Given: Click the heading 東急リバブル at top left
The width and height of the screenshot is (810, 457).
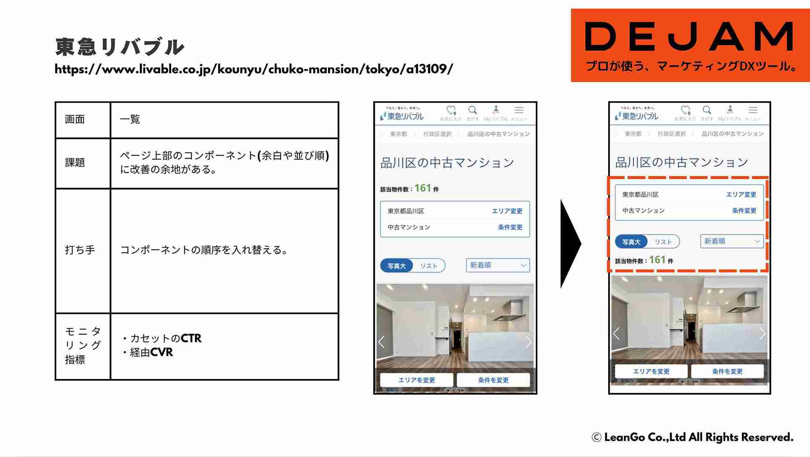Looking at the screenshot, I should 120,47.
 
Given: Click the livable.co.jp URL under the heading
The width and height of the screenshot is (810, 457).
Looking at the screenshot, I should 254,69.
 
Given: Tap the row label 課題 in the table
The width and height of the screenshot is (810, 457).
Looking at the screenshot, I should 75,163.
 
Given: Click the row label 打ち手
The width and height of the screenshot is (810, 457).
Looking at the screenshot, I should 80,250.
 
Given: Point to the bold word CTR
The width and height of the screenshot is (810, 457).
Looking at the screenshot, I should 191,338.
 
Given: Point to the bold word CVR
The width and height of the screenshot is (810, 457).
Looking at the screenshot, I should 161,352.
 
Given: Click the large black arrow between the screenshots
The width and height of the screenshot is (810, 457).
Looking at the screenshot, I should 570,244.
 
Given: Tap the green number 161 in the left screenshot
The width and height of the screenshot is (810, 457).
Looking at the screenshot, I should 423,188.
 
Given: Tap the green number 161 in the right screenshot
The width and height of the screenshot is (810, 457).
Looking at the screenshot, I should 657,260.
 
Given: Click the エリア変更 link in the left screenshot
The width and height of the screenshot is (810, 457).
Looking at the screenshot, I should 507,211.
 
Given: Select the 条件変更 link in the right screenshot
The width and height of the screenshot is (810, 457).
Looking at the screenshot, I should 744,210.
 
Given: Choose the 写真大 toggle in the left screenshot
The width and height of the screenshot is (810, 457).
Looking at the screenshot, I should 396,266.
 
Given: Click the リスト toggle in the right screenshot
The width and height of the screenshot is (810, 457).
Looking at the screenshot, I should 663,242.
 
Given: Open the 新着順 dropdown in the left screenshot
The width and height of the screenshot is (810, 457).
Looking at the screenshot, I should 498,265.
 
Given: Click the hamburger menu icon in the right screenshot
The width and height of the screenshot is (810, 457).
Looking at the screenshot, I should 753,110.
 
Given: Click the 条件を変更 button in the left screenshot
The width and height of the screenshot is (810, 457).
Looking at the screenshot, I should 493,380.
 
